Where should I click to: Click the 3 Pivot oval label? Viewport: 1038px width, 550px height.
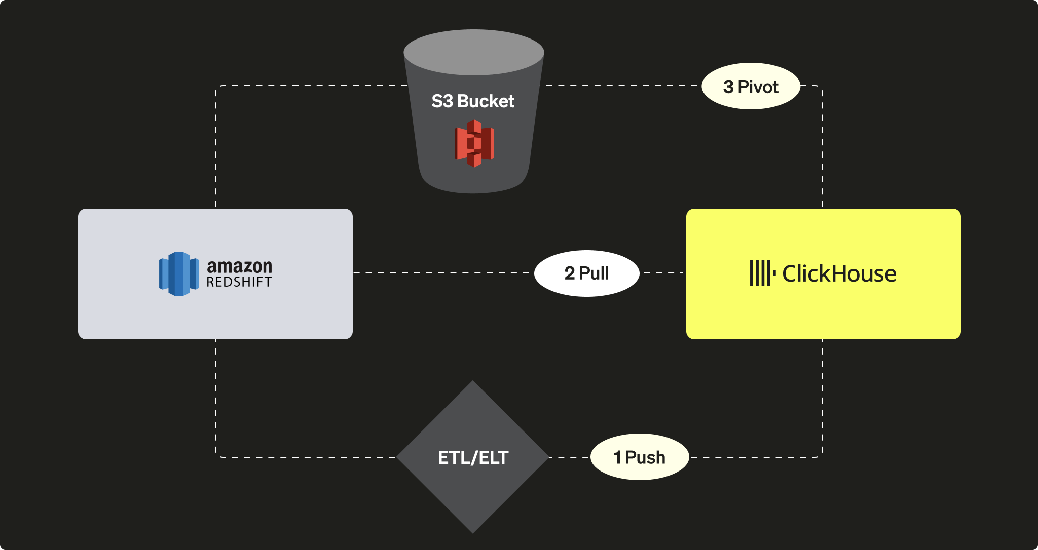[x=751, y=86]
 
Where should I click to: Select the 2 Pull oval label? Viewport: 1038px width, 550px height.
[x=586, y=273]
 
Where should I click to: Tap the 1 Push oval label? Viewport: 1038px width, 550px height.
[x=640, y=457]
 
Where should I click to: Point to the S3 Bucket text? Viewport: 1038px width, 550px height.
[x=473, y=101]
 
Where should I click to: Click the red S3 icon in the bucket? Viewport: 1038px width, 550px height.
[x=474, y=143]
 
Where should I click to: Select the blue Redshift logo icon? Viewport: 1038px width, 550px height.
[x=178, y=273]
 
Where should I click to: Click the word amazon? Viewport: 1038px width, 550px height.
[x=239, y=266]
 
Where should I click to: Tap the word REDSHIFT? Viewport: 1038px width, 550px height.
[x=239, y=283]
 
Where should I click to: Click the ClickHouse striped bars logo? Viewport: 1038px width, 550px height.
[x=762, y=273]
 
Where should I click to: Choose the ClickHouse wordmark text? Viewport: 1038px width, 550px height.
[x=839, y=274]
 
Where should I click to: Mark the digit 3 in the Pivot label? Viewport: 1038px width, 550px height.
[x=728, y=87]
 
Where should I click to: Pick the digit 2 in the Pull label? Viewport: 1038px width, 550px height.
[x=570, y=273]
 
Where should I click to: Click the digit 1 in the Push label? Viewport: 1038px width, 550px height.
[x=617, y=457]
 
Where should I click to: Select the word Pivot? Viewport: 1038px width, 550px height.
[x=758, y=87]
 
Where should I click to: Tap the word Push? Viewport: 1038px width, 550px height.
[x=645, y=457]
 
